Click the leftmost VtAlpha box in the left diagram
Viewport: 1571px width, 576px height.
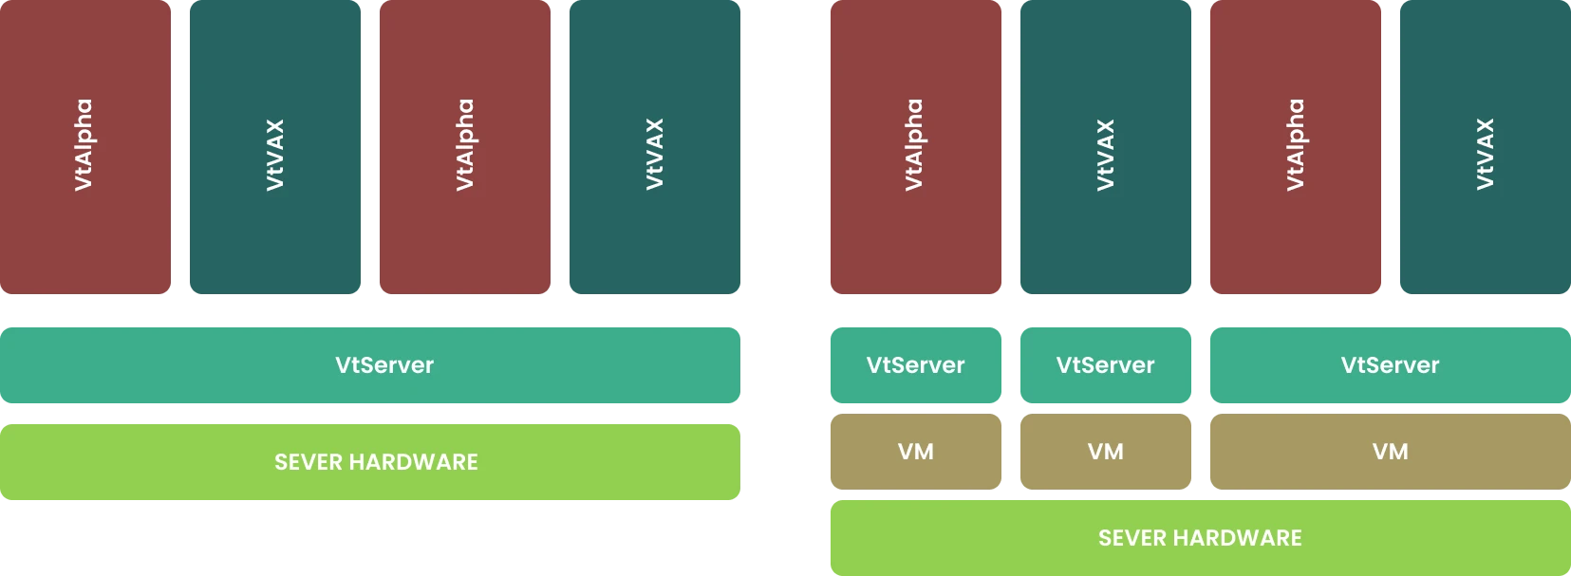coord(86,147)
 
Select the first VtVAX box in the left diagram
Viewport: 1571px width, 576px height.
coord(276,147)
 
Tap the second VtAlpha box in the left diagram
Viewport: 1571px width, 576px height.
coord(466,147)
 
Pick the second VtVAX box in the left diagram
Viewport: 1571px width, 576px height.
coord(656,147)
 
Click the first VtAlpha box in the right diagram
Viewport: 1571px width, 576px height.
coord(915,147)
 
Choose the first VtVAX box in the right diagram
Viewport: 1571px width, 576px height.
coord(1105,147)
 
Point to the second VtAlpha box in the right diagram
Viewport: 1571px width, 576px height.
coord(1295,147)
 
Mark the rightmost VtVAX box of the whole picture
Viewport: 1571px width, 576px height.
coord(1485,147)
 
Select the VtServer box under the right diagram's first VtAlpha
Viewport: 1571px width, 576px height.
coord(915,365)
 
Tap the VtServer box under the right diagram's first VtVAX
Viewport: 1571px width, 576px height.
coord(1105,365)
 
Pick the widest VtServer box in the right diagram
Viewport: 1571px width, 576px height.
coord(1390,365)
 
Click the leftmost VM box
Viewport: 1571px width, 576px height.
coord(915,452)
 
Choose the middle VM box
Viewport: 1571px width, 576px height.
coord(1105,452)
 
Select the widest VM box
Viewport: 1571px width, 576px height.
coord(1390,452)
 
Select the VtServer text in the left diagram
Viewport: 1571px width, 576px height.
coord(384,365)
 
